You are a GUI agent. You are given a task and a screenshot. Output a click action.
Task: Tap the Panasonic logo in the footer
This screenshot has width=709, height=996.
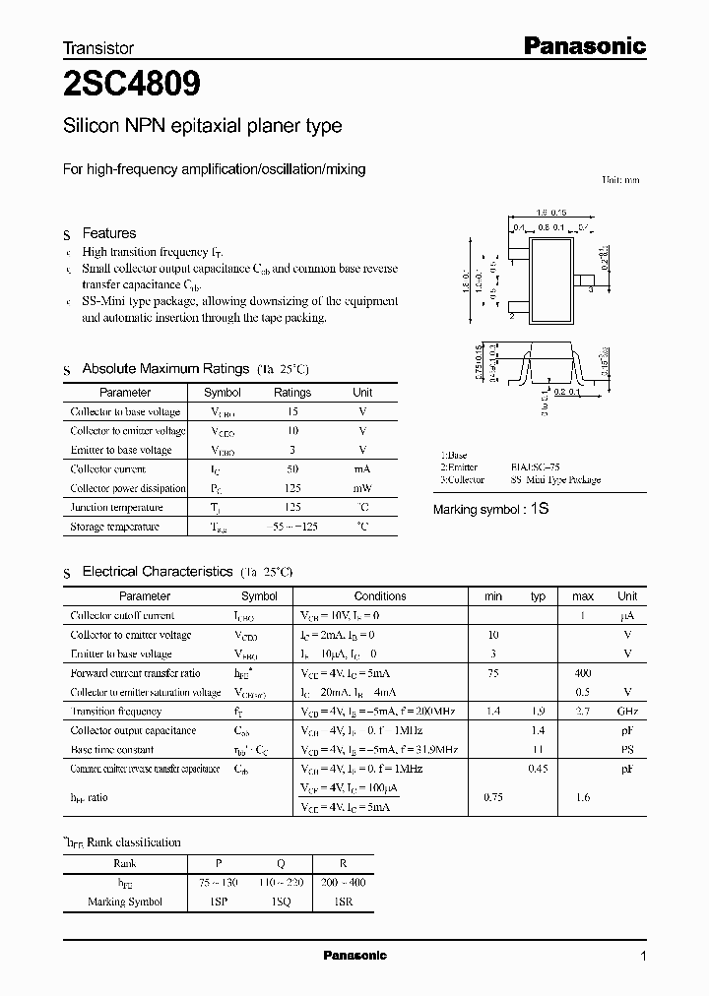pos(355,956)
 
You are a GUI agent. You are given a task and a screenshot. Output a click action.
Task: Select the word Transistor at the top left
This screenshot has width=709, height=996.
pos(98,47)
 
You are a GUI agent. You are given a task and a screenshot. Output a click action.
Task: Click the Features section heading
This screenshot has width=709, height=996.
pos(108,233)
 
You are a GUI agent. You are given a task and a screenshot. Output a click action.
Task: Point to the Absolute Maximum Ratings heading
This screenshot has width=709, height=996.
pos(164,369)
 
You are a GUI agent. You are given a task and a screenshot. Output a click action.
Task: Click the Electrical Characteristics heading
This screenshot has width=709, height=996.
pos(158,571)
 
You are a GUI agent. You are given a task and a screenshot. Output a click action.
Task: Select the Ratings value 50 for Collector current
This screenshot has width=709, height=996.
pos(291,469)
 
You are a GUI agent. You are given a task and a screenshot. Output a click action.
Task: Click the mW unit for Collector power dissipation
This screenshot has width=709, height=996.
pos(362,488)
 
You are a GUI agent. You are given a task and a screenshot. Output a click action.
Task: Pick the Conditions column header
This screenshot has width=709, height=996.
pos(380,596)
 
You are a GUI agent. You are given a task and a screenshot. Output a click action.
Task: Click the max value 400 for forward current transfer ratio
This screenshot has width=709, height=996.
pos(582,673)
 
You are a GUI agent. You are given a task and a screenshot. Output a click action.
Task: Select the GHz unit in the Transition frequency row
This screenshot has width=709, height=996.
pos(627,712)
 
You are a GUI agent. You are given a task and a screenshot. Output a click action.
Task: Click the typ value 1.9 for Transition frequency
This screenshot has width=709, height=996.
pos(539,712)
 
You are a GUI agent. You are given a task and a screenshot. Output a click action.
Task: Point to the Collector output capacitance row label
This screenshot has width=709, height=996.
pos(133,730)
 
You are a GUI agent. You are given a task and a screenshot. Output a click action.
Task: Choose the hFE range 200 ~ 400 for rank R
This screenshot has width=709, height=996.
pos(342,883)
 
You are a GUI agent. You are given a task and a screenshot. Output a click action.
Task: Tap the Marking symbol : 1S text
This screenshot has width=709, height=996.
pos(489,510)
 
